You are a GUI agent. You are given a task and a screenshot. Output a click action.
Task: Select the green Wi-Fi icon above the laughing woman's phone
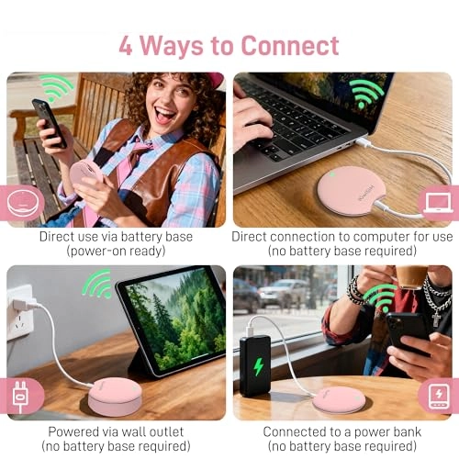pos(56,89)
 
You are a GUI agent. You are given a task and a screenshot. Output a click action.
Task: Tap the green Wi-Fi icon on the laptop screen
pos(366,93)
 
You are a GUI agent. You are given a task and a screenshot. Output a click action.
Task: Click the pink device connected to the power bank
pos(338,398)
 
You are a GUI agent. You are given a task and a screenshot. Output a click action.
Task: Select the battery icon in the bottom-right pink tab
pos(438,395)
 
